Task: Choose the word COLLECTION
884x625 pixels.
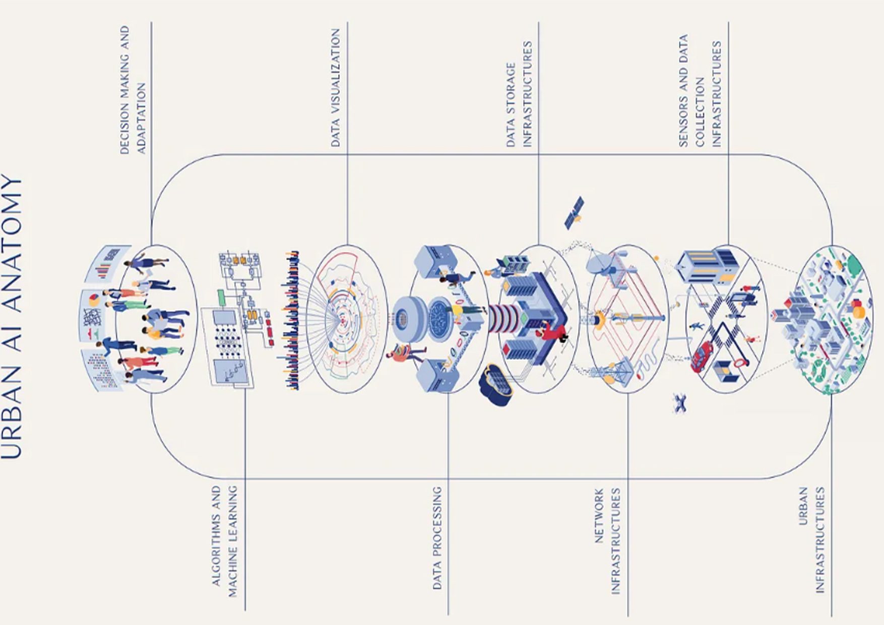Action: point(700,111)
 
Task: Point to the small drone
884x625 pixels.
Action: point(680,404)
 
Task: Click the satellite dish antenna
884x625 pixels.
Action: point(600,262)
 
